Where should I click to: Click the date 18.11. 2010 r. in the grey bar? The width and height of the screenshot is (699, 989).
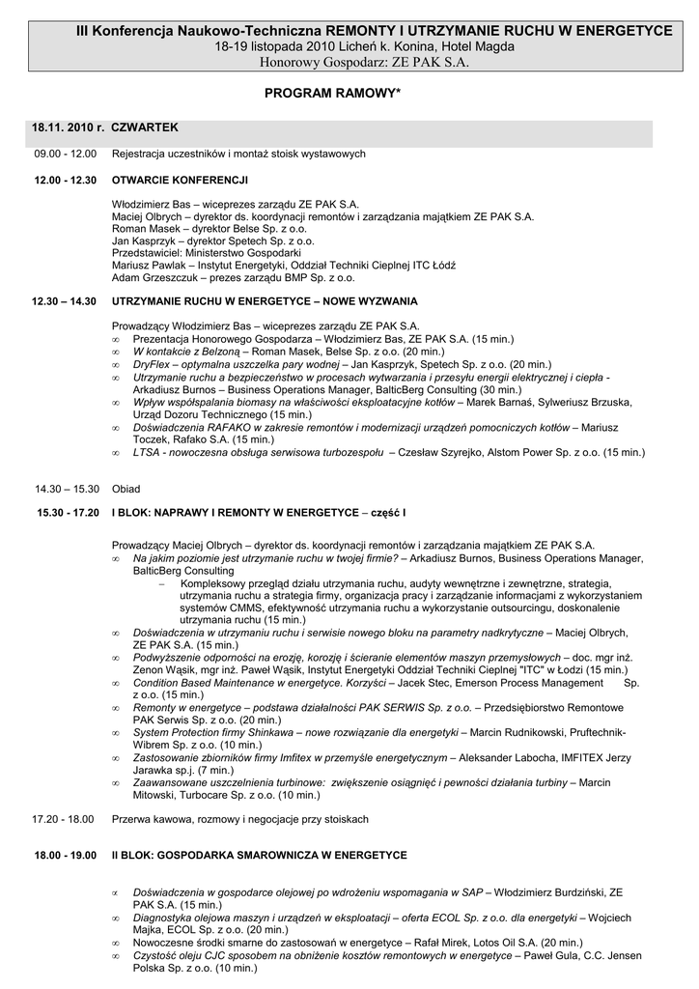pyautogui.click(x=68, y=127)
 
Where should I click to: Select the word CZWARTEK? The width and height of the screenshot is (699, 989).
pyautogui.click(x=145, y=127)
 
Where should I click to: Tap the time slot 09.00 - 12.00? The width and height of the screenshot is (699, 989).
pyautogui.click(x=66, y=154)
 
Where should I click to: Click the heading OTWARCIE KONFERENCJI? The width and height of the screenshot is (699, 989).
pyautogui.click(x=181, y=180)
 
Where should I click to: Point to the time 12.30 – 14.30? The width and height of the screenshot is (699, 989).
pyautogui.click(x=64, y=301)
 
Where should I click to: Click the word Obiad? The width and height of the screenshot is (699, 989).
pyautogui.click(x=126, y=489)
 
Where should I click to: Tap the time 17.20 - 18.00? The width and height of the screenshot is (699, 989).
pyautogui.click(x=63, y=819)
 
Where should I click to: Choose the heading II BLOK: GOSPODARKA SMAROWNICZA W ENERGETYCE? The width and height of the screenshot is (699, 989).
pyautogui.click(x=259, y=855)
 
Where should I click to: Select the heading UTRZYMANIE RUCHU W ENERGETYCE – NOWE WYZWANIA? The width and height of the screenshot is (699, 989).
pyautogui.click(x=265, y=301)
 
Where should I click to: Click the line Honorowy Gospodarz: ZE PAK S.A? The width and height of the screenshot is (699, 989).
pyautogui.click(x=349, y=62)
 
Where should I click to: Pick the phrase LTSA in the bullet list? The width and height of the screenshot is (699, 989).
pyautogui.click(x=148, y=452)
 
